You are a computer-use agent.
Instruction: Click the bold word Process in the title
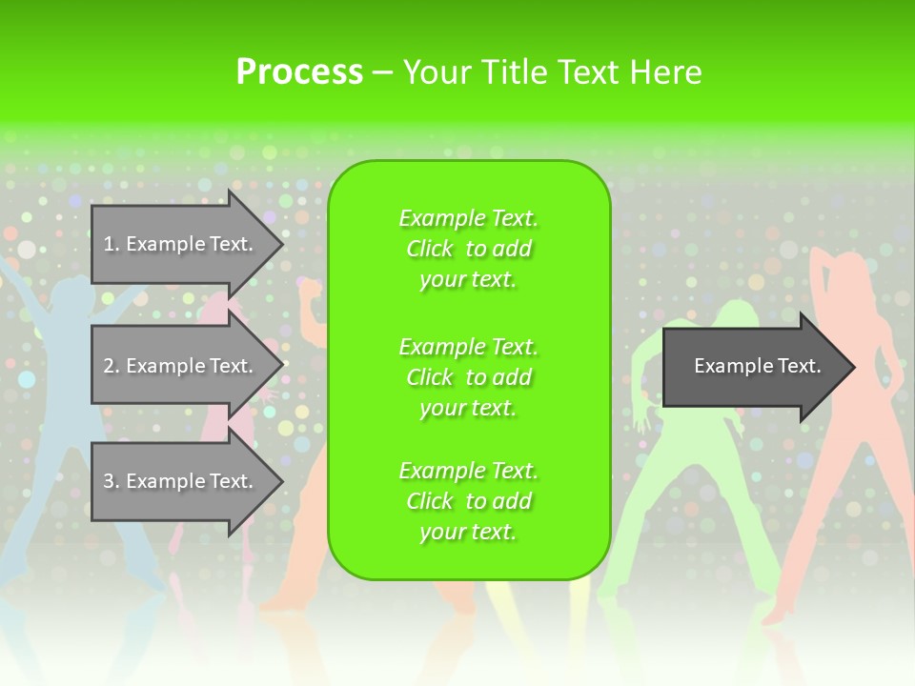click(299, 72)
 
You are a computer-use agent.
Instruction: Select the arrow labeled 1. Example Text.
click(181, 244)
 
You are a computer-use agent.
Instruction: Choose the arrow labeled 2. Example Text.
click(181, 366)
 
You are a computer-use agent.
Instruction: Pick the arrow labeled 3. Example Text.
click(181, 481)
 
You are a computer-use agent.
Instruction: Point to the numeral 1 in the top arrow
click(109, 244)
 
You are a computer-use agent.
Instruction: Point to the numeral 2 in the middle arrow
click(109, 366)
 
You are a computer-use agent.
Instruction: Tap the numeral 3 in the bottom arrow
click(109, 481)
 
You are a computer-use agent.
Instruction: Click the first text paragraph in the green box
click(468, 249)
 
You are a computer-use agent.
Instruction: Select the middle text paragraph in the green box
click(468, 377)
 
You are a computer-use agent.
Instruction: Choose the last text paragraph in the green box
click(468, 501)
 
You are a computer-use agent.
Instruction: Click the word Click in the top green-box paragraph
click(430, 249)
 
